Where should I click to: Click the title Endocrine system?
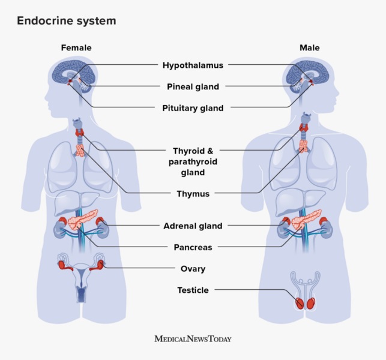coord(67,21)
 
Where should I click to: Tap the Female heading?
coord(76,47)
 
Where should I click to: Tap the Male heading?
coord(309,47)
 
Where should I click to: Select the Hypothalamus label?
coord(193,65)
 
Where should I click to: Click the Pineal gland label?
coord(193,86)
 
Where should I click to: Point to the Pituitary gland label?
coord(193,109)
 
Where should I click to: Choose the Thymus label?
coord(193,194)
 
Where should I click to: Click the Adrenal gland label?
coord(193,226)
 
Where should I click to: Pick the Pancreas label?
coord(193,247)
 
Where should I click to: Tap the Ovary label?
coord(193,269)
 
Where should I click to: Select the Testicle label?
coord(193,290)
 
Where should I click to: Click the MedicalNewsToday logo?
coord(193,339)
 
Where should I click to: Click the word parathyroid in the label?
coord(193,161)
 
